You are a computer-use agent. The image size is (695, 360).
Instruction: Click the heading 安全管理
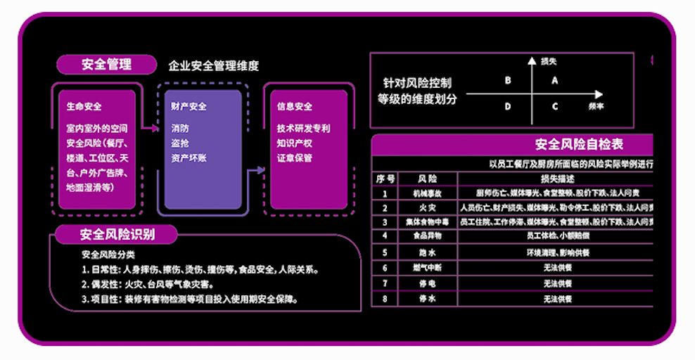click(106, 65)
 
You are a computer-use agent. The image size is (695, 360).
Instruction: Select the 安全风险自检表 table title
click(579, 145)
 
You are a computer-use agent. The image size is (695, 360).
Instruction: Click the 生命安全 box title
click(84, 107)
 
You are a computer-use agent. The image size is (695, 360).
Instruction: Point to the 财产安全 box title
click(189, 107)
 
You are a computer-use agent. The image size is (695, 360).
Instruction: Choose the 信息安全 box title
click(295, 107)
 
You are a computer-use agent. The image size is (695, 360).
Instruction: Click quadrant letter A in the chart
click(554, 80)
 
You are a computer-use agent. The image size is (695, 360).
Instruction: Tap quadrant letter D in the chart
click(508, 107)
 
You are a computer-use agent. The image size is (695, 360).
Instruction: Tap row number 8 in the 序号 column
click(385, 298)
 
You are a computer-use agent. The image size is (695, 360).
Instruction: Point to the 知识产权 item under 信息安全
click(294, 143)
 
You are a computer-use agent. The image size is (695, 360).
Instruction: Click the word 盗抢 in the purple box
click(179, 143)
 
